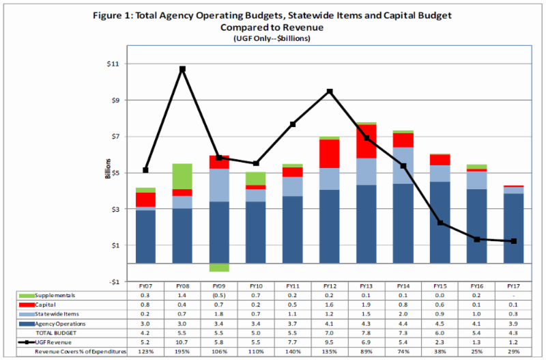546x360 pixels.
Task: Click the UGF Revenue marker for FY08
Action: point(182,69)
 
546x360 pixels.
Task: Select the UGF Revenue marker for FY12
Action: point(330,92)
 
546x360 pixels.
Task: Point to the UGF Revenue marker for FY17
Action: point(513,241)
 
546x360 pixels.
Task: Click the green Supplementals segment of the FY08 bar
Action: point(182,176)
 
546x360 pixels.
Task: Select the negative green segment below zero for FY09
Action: point(219,267)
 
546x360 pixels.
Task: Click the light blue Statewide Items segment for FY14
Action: point(403,165)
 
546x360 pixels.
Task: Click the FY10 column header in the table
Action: point(256,286)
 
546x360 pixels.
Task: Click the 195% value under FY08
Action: point(182,351)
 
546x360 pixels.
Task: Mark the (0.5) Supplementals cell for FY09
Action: point(219,295)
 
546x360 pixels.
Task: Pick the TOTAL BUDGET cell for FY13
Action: point(367,332)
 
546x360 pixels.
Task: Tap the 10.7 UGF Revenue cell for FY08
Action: point(182,342)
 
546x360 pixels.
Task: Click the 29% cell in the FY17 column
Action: point(513,351)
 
